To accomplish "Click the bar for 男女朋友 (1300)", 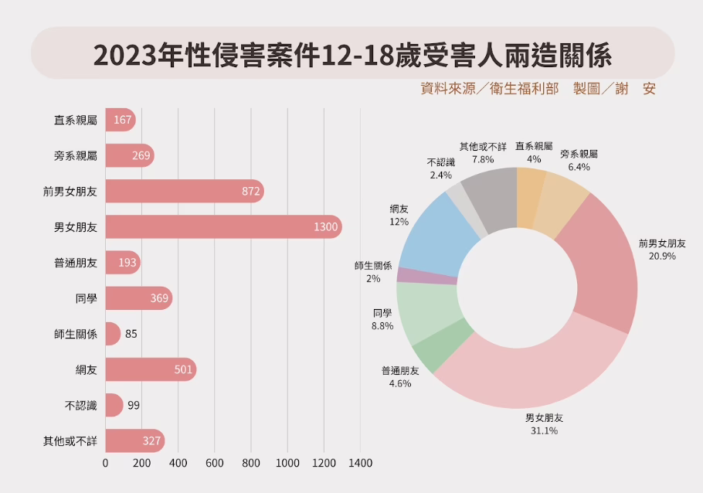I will tap(222, 227).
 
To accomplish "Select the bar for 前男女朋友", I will tap(184, 192).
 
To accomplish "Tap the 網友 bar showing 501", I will tap(150, 369).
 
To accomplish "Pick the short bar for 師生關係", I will tap(113, 334).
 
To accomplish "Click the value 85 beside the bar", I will tap(131, 335).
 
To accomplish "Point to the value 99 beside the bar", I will tap(134, 406).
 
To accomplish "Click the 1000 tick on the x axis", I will tap(287, 464).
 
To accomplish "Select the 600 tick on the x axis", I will tap(215, 464).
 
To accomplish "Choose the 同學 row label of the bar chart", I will tap(86, 299).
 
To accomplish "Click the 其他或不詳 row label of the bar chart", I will tap(70, 441).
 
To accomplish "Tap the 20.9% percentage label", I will tap(662, 256).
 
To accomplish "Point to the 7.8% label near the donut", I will tap(483, 159).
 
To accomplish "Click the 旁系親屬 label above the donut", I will tap(579, 155).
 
